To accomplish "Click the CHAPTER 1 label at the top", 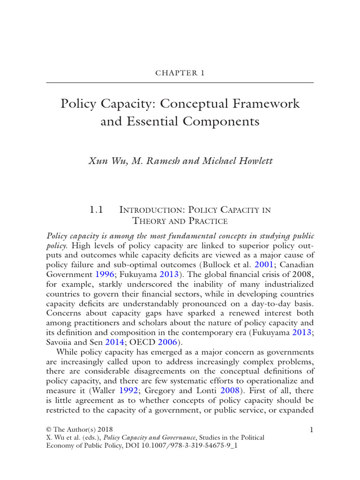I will click(x=180, y=73).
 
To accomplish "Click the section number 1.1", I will click(x=96, y=210).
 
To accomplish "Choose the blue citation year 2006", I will click(x=167, y=342).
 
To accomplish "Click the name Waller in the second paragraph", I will click(x=101, y=390).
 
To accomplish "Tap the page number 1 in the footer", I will click(x=311, y=429).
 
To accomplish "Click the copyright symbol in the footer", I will click(x=49, y=429).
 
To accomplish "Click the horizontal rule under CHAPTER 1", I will click(x=180, y=83).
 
